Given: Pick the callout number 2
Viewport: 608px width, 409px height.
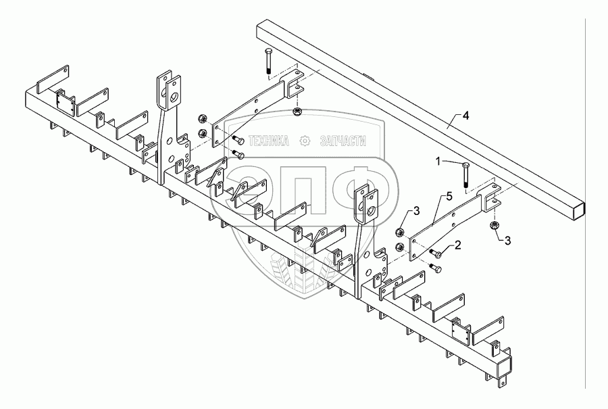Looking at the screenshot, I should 458,245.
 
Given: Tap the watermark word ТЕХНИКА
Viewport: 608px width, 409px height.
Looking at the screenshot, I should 269,141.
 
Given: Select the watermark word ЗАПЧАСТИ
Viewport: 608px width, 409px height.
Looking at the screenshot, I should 340,141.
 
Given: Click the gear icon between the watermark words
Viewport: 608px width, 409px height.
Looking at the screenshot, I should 304,141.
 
